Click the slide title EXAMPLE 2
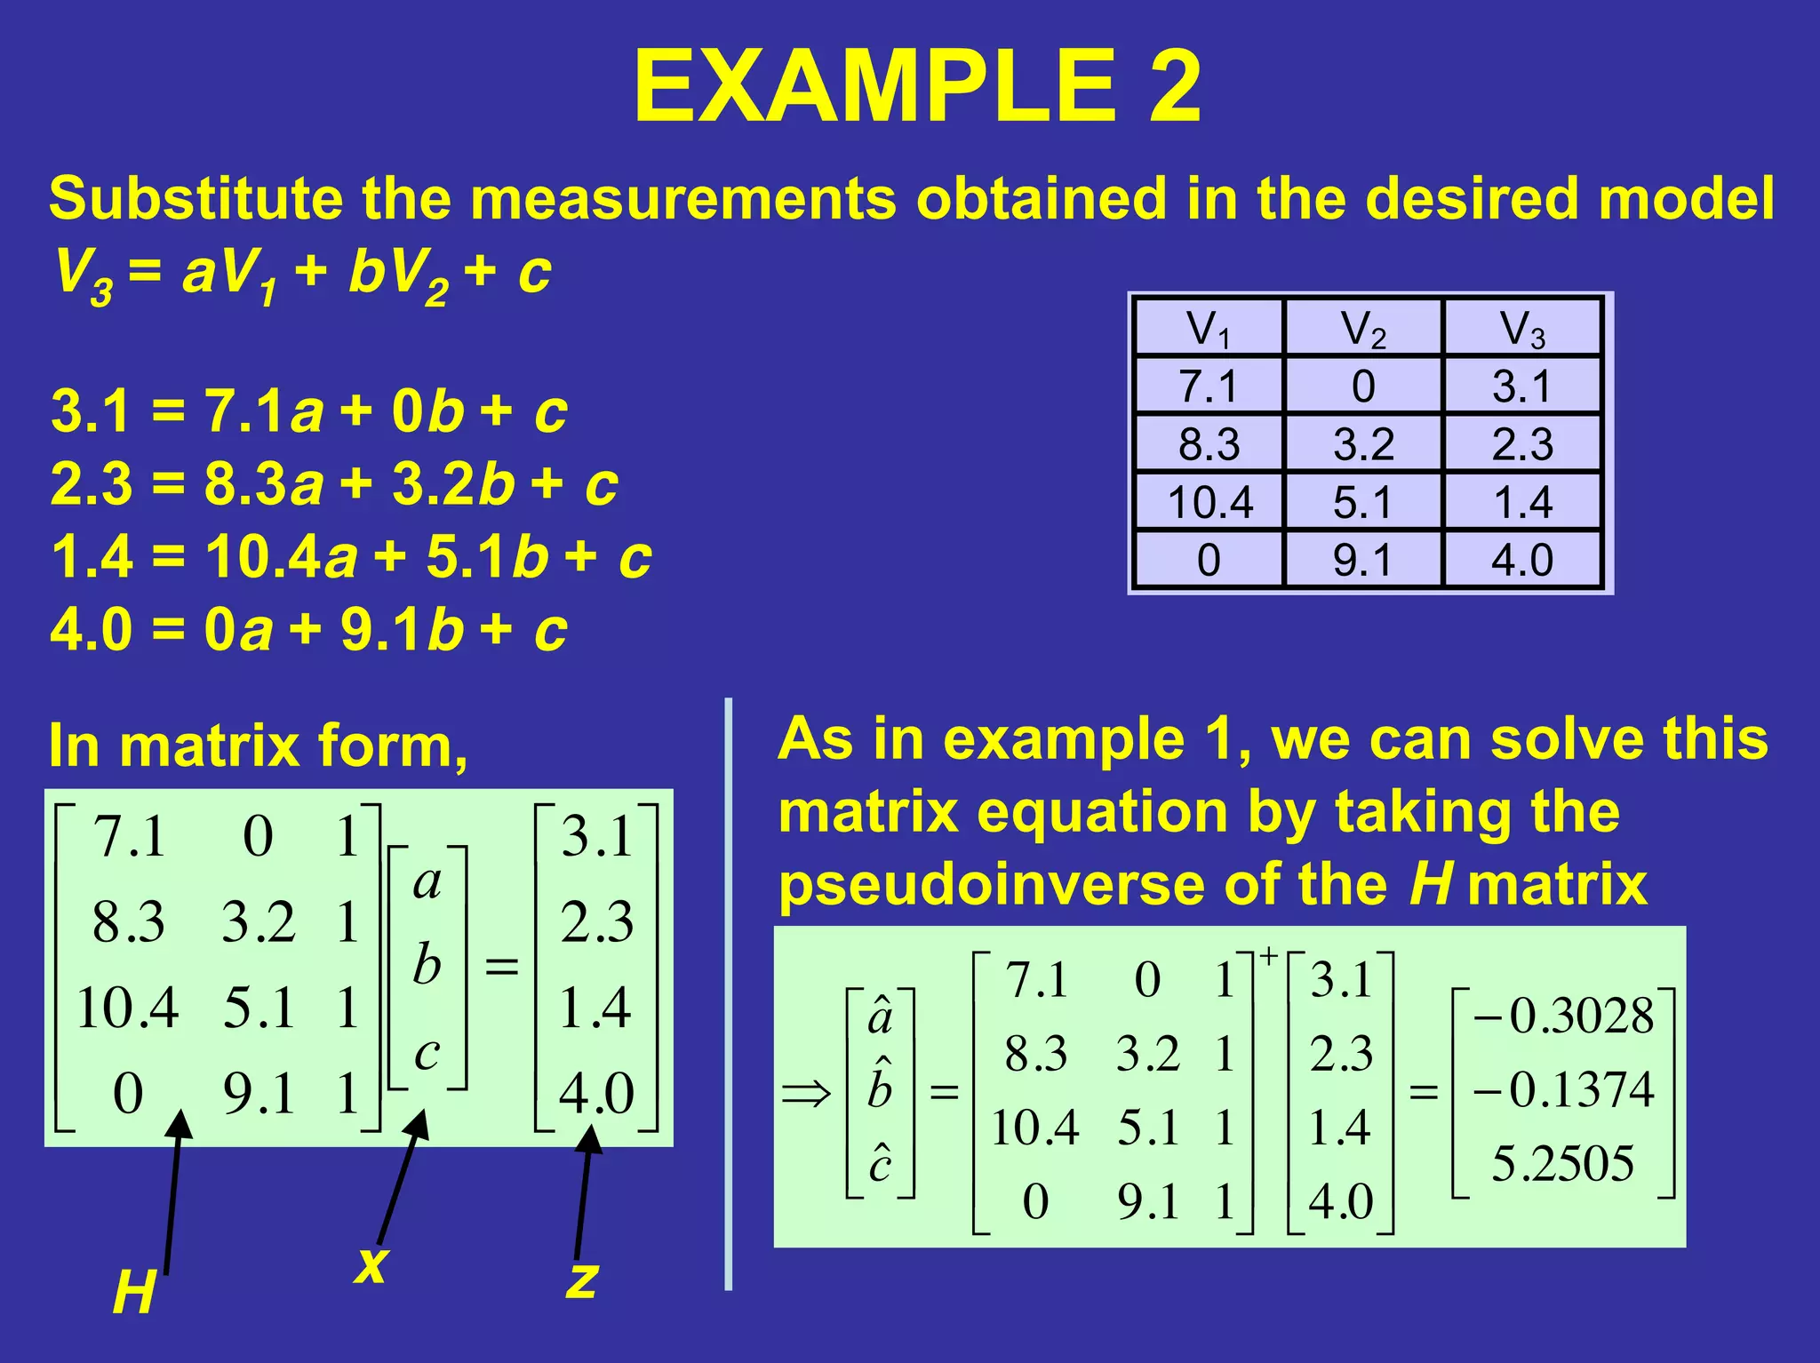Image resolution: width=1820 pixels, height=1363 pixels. (x=917, y=87)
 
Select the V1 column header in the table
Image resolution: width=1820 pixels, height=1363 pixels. (x=1209, y=329)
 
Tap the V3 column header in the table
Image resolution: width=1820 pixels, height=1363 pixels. (x=1522, y=329)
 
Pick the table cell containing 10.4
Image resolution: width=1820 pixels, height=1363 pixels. (x=1209, y=502)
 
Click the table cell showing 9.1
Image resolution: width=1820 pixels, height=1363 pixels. (x=1362, y=560)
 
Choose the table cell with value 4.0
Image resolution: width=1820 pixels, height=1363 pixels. (x=1522, y=560)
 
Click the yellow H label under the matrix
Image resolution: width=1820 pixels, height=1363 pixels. (x=134, y=1293)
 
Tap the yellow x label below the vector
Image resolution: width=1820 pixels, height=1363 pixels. (x=371, y=1263)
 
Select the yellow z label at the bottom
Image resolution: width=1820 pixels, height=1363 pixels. (x=582, y=1279)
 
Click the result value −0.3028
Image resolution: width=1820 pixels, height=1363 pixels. (x=1564, y=1016)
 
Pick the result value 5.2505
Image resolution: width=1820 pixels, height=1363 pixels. (x=1563, y=1163)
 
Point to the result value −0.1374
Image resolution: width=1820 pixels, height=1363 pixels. (x=1564, y=1089)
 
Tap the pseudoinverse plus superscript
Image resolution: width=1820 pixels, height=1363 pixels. (x=1268, y=957)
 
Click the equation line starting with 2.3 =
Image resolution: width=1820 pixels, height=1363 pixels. (x=334, y=484)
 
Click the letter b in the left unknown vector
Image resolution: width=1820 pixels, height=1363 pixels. (x=427, y=965)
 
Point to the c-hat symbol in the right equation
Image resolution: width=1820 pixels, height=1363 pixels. (x=880, y=1162)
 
